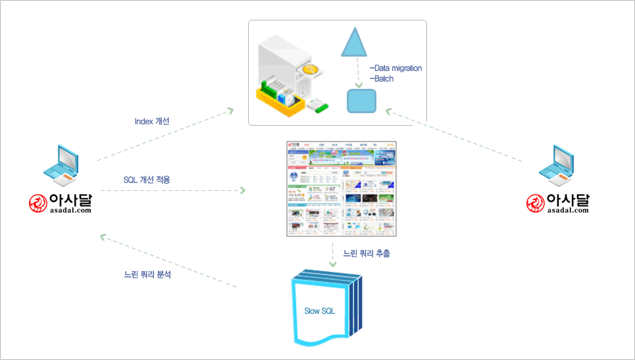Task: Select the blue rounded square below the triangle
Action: pyautogui.click(x=361, y=100)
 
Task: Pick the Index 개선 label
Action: pyautogui.click(x=152, y=122)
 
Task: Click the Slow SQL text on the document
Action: pyautogui.click(x=320, y=311)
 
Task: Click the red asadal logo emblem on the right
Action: pyautogui.click(x=536, y=203)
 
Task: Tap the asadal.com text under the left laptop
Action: pyautogui.click(x=70, y=210)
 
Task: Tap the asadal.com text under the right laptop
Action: pyautogui.click(x=568, y=210)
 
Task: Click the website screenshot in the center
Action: pyautogui.click(x=342, y=189)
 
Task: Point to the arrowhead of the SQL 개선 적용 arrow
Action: pyautogui.click(x=242, y=191)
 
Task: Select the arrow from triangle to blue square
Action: pyautogui.click(x=357, y=72)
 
